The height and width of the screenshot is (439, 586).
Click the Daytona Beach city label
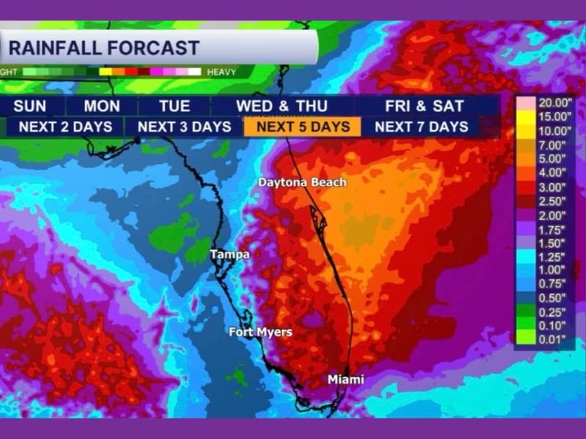[x=302, y=182]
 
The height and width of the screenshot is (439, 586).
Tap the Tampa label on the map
[x=229, y=255]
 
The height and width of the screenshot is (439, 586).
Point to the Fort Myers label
[x=260, y=332]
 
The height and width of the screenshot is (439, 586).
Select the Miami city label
[x=345, y=380]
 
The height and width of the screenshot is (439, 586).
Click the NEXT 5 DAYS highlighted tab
[x=303, y=127]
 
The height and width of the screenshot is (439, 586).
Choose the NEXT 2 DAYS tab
[x=65, y=127]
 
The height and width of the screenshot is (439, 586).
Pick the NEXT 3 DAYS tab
[x=184, y=127]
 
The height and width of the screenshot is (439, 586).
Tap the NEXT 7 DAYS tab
[x=421, y=127]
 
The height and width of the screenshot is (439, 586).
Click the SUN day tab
[x=29, y=106]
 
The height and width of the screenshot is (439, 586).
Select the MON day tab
[x=102, y=106]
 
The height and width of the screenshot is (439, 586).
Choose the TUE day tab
[x=174, y=106]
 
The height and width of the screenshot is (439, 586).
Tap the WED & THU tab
[x=281, y=106]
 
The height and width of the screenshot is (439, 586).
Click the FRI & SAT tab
[x=414, y=106]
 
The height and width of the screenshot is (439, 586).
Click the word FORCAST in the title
[x=153, y=49]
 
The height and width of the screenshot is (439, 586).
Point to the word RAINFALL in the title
[x=55, y=49]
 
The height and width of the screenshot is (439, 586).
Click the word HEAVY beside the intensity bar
[x=221, y=72]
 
